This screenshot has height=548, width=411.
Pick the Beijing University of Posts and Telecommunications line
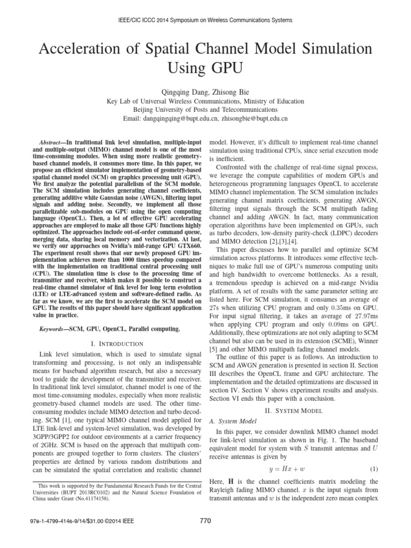205,109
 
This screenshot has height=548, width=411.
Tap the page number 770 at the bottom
205,534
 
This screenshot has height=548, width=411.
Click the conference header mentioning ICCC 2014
205,20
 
